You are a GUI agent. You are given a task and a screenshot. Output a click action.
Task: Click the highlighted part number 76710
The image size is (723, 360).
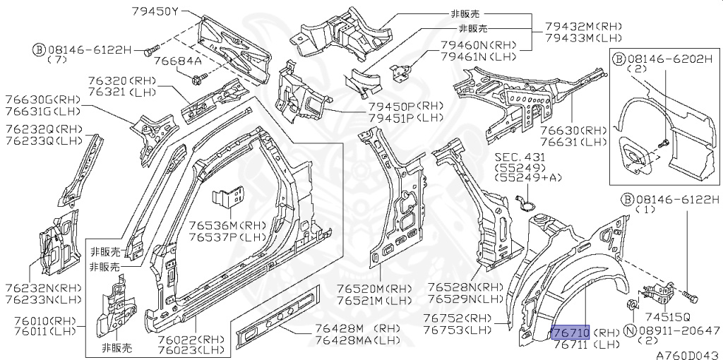tap(570, 332)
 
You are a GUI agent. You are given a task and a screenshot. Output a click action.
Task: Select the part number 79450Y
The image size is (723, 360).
tap(155, 11)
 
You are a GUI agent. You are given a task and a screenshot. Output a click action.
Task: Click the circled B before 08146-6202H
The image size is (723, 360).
tap(619, 57)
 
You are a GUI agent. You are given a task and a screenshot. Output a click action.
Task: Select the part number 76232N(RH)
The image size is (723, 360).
tap(42, 288)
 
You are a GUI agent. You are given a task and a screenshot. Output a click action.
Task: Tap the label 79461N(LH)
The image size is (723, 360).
tap(478, 56)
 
